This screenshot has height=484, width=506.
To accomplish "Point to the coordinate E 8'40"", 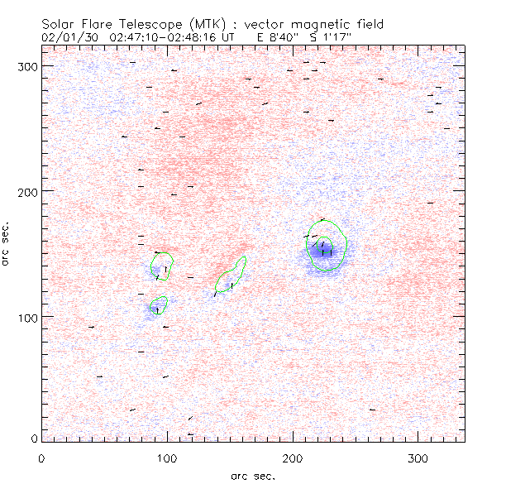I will click(x=284, y=37).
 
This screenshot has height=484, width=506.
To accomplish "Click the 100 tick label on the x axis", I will click(x=167, y=458).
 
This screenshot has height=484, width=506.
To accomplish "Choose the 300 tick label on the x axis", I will click(x=419, y=458).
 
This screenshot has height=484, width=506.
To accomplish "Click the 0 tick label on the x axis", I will click(x=41, y=458).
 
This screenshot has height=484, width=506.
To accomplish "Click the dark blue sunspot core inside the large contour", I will click(x=324, y=252).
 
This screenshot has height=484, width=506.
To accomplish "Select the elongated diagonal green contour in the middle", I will click(x=231, y=276).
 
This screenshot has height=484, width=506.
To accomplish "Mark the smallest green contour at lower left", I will click(x=159, y=304).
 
